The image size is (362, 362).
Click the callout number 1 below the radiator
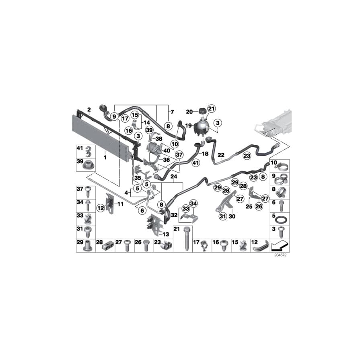105,153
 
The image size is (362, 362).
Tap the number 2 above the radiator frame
89,109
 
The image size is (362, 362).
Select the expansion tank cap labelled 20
201,111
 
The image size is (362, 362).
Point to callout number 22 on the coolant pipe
221,155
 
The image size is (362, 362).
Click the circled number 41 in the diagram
195,163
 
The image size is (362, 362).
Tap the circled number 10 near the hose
175,143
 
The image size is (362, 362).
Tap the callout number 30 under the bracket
232,216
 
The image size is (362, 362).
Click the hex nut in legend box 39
86,165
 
